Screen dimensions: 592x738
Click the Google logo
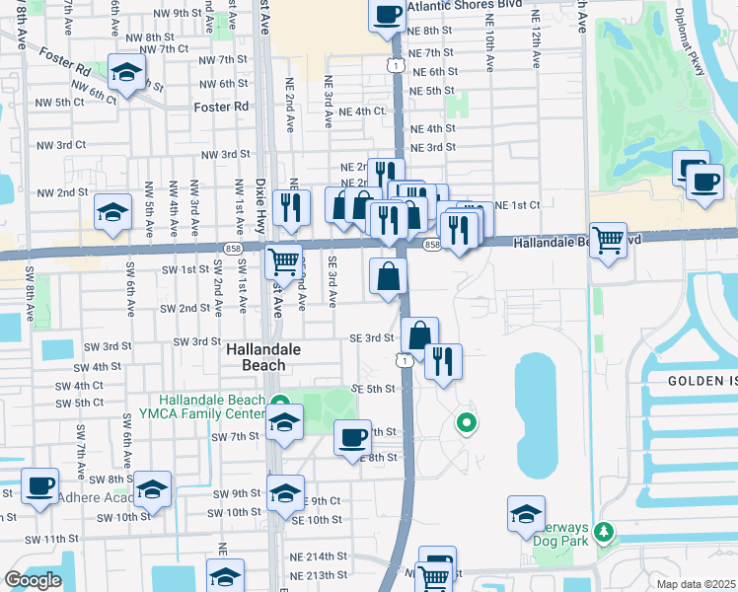coord(32,580)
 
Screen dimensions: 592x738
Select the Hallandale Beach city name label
coord(256,357)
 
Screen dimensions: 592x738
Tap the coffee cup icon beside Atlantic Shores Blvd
coord(388,14)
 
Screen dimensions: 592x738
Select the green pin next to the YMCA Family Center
coord(280,404)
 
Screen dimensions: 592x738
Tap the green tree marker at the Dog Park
coord(604,533)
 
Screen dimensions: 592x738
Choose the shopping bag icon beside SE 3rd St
coord(419,334)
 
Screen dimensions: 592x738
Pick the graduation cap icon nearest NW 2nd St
coord(113,211)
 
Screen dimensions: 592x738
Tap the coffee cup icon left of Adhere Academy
coord(40,485)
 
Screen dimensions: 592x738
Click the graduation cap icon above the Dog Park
coord(526,513)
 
